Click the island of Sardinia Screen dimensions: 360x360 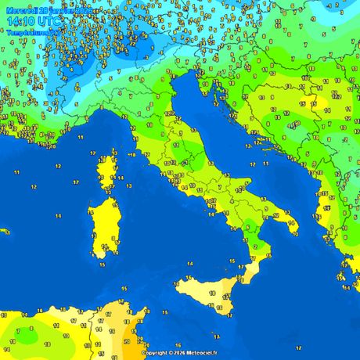tap(101, 227)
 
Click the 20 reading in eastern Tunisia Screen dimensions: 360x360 tap(126, 342)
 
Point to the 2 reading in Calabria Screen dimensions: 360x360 tap(255, 247)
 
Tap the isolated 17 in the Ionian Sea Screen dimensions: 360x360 tap(297, 347)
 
